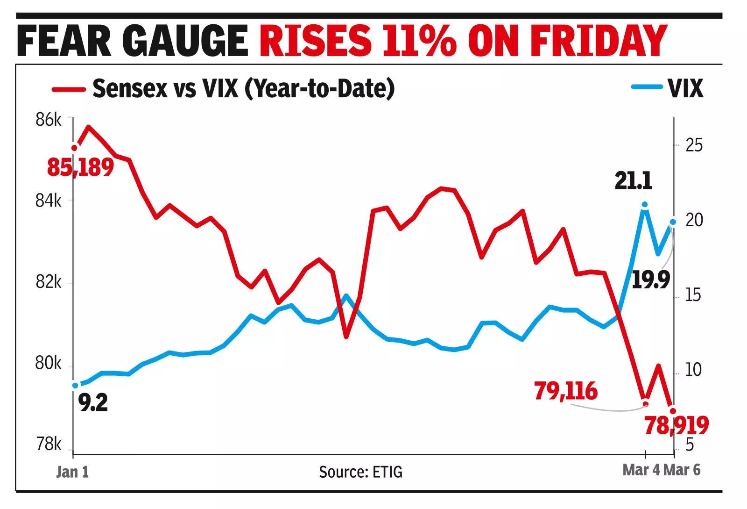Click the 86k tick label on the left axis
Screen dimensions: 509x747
coord(48,120)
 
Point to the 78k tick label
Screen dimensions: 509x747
coord(48,444)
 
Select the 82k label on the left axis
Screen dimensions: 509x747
coord(48,282)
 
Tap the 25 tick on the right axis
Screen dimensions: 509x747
coord(694,145)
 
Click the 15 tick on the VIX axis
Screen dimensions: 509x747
coord(693,295)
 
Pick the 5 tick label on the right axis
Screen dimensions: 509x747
coord(690,444)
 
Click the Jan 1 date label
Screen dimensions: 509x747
coord(72,472)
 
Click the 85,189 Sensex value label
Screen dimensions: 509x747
coord(80,167)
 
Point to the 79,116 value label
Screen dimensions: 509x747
coord(566,391)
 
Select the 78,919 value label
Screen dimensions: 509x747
coord(677,425)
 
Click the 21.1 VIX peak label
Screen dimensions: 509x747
coord(633,180)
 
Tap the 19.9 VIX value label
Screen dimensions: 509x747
coord(651,280)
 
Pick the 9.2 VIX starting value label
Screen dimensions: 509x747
coord(93,402)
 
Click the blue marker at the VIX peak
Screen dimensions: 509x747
coord(645,205)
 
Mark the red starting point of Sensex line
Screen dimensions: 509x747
coord(74,148)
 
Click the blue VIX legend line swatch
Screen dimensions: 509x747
coord(646,87)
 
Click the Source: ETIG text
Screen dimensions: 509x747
coord(360,472)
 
